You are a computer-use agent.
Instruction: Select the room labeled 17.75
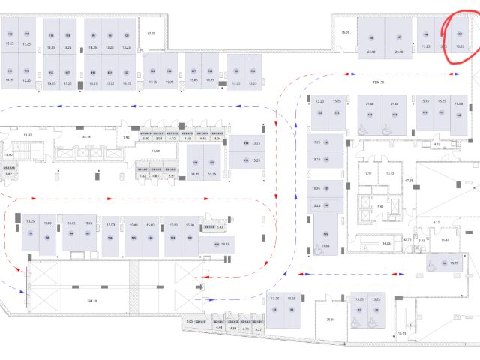tap(151, 34)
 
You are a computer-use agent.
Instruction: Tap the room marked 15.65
tap(346, 32)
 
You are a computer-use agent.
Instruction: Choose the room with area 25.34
tap(330, 319)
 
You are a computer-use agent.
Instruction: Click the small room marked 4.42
tap(437, 144)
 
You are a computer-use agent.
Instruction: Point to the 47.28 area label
tap(409, 181)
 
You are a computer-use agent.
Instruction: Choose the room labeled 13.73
tap(390, 173)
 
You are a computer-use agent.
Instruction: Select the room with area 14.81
tap(445, 240)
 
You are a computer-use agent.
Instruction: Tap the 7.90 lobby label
tap(380, 206)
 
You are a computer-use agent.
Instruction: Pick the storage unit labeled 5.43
tap(220, 226)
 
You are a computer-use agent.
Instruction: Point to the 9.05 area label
tap(190, 321)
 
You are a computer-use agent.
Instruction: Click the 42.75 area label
tap(407, 240)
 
